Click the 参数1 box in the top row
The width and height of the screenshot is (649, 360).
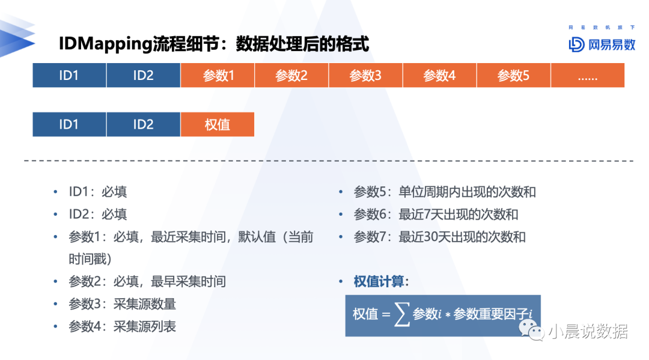(218, 75)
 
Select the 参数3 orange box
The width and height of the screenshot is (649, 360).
(365, 75)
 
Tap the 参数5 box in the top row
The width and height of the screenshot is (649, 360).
(514, 75)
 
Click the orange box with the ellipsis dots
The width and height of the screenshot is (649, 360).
(588, 75)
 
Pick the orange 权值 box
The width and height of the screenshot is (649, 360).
(218, 124)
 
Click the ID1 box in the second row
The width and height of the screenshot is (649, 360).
(69, 124)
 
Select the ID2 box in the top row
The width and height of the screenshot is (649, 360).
(143, 75)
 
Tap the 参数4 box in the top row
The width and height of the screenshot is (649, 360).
(439, 75)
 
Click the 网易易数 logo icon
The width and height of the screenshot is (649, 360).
(576, 44)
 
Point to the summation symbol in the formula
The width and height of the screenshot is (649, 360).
(402, 314)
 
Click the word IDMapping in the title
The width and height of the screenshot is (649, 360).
(106, 44)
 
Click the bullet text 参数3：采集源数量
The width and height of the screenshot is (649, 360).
(122, 304)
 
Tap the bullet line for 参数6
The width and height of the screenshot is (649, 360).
(436, 215)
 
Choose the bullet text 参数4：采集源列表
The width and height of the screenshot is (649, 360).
(122, 326)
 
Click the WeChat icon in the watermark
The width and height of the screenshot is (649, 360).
(531, 330)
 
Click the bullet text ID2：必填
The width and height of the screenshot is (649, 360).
(98, 215)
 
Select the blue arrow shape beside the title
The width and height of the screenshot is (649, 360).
(17, 37)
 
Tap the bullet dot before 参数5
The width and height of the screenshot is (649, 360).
(341, 192)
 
